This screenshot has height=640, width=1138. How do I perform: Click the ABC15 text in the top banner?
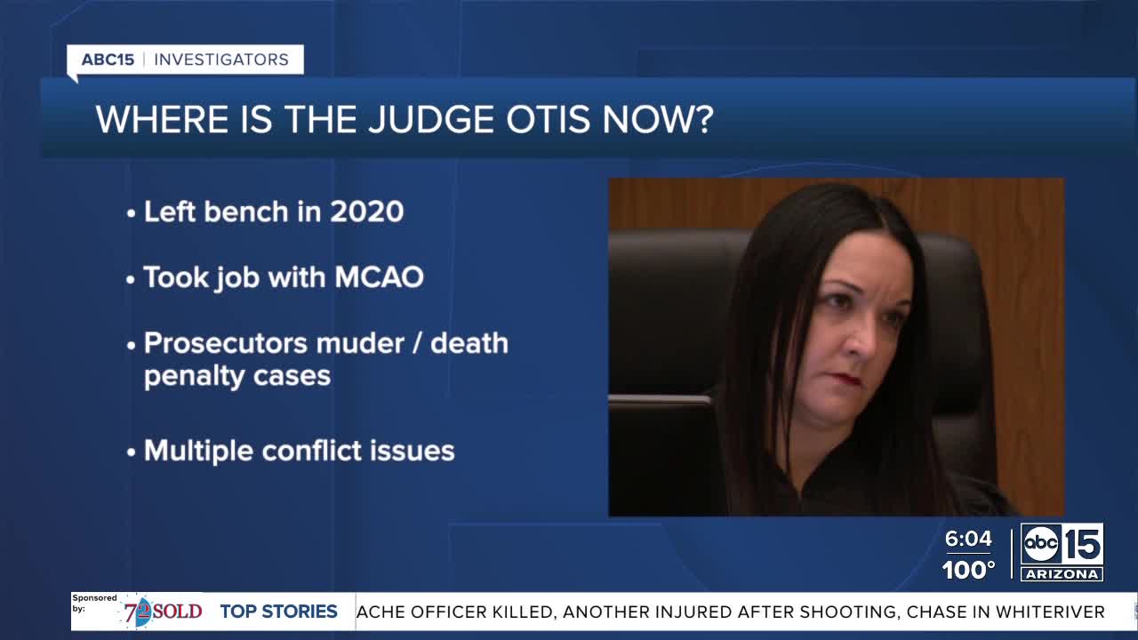(108, 60)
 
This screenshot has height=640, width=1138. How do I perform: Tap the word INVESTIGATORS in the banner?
(221, 60)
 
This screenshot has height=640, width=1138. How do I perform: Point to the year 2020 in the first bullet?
(366, 212)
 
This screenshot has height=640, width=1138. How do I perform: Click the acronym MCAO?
(379, 277)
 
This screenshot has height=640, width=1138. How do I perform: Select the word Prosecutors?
(224, 343)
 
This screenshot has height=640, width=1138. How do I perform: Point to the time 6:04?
(967, 539)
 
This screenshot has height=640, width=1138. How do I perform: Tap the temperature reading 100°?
(968, 570)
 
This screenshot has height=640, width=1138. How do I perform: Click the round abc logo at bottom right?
(1040, 544)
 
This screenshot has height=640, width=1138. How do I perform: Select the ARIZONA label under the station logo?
(1062, 574)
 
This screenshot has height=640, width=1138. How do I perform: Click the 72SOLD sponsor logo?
(164, 612)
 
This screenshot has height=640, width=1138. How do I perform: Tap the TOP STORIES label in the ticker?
(278, 612)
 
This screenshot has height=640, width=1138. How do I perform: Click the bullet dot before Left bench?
(132, 213)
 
